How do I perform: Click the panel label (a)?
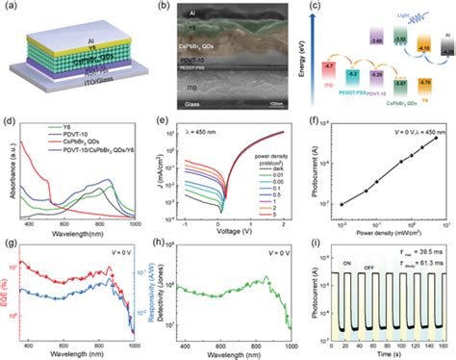(9, 9)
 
